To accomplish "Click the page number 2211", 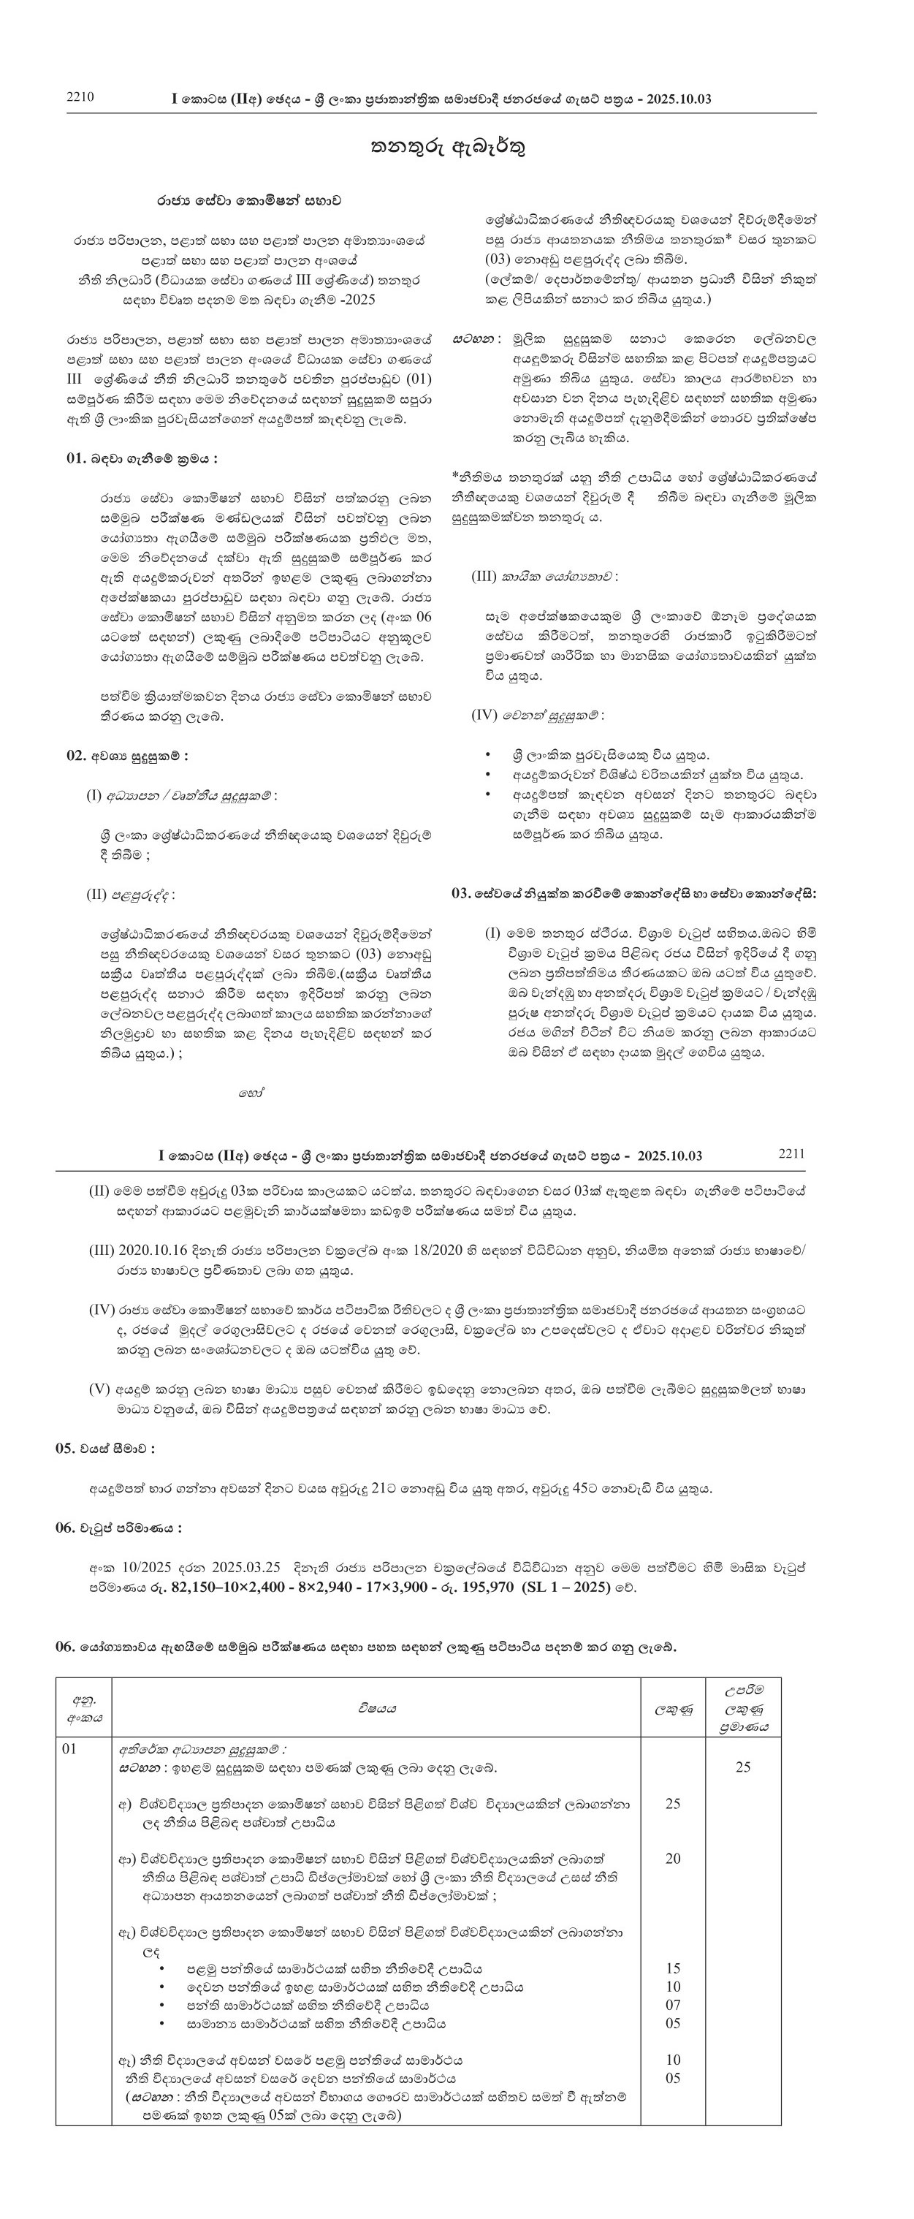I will coord(790,1153).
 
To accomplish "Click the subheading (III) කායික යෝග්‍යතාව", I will coord(544,576).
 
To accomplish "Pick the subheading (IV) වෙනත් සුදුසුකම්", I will coord(538,715).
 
